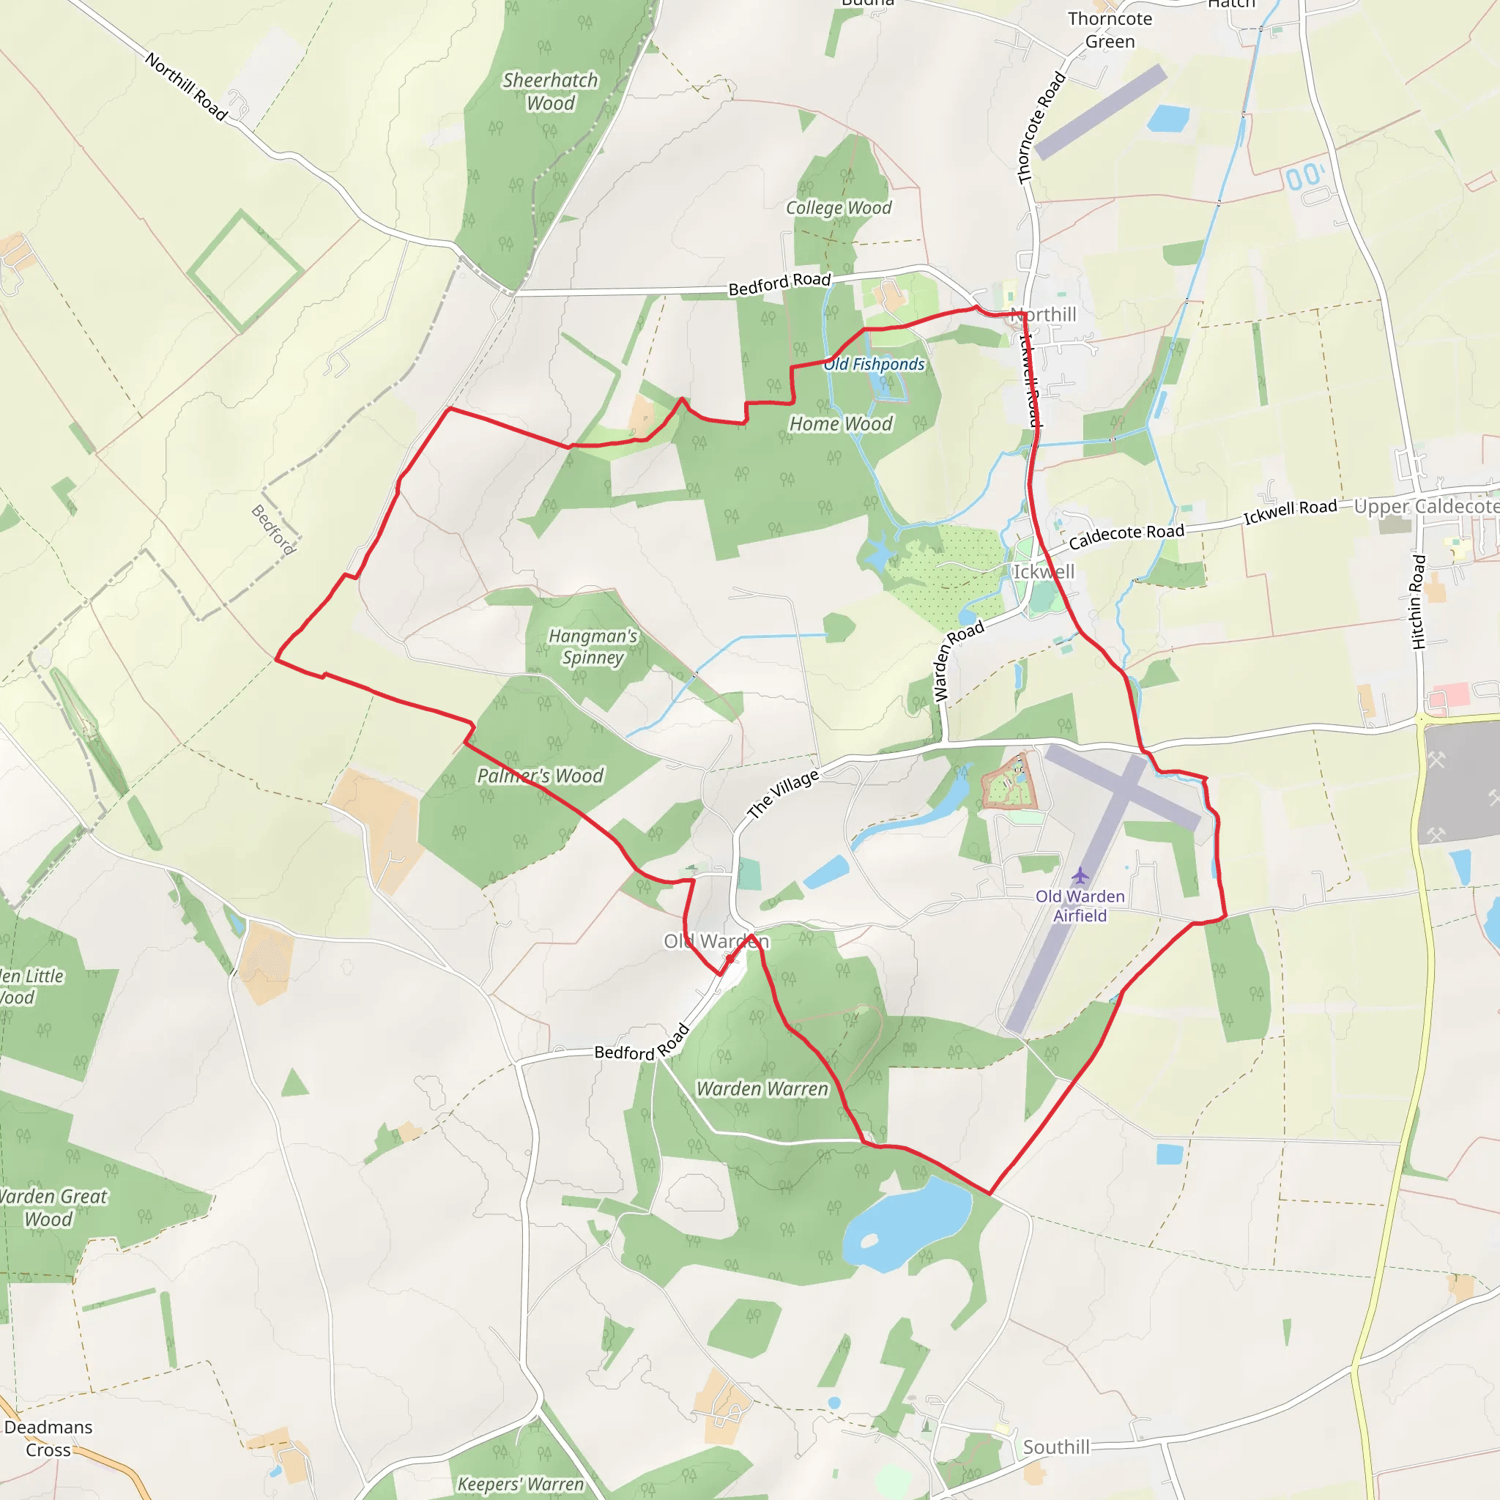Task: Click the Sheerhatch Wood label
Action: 551,92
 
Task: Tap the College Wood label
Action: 839,208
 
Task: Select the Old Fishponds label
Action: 875,364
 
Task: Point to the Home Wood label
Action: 841,424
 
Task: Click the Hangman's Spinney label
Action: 593,646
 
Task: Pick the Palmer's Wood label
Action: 541,776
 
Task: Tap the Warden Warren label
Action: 762,1089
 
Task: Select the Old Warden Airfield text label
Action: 1080,905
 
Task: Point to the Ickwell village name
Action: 1044,572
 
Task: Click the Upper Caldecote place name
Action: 1426,506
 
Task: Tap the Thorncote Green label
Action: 1110,29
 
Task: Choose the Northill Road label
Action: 186,87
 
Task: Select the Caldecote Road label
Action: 1126,535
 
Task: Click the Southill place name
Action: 1056,1447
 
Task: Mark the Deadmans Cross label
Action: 48,1438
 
